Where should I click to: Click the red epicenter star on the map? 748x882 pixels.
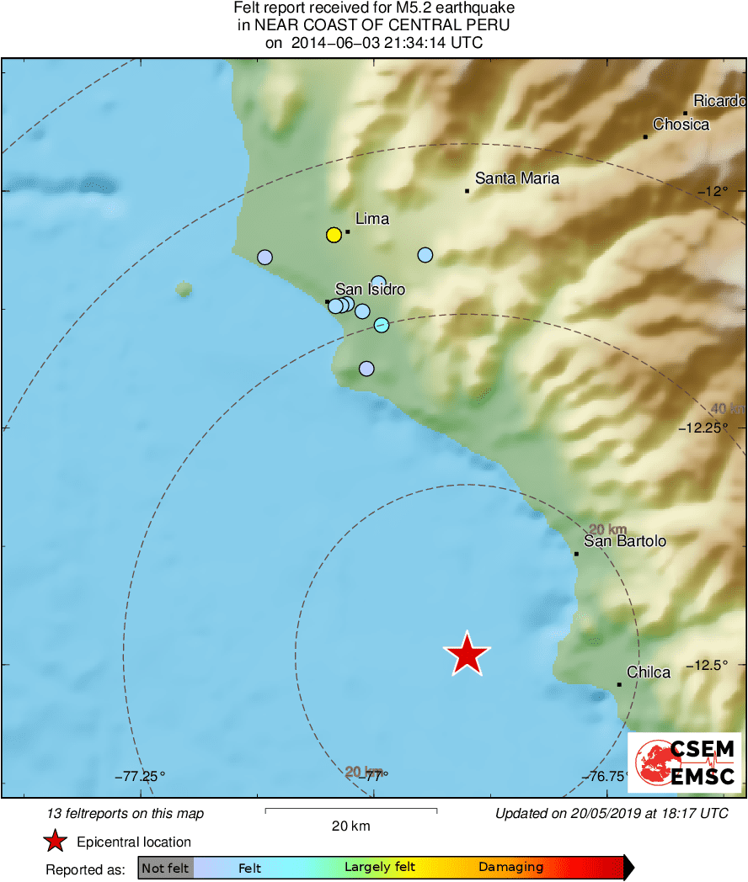[467, 654]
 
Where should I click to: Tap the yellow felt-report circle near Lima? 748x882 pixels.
[334, 235]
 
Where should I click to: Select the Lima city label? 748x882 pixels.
[372, 219]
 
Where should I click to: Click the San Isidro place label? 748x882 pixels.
[370, 290]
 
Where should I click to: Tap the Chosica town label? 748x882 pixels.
[681, 125]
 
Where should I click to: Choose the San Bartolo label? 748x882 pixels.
[625, 541]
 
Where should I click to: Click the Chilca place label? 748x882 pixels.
[649, 672]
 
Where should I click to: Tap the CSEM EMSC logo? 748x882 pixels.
[685, 762]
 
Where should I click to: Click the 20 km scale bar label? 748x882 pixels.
[350, 826]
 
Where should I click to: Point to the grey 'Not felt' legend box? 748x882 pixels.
[165, 868]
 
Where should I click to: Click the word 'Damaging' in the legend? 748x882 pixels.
[510, 867]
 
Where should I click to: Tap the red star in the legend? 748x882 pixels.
[55, 841]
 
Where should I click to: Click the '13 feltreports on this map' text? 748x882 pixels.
[126, 813]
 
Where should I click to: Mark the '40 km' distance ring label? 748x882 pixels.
[727, 409]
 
